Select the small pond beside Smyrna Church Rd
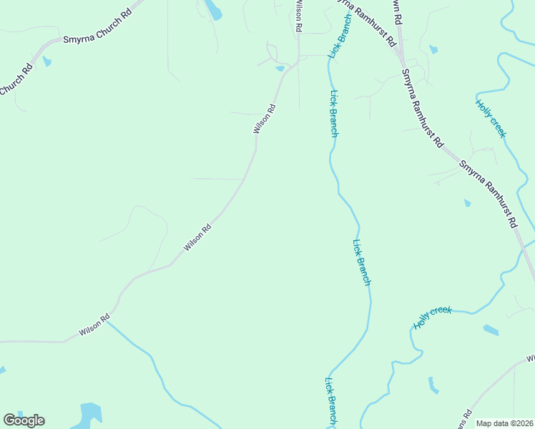[x=47, y=61]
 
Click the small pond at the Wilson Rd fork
[x=280, y=69]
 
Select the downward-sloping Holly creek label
[x=491, y=118]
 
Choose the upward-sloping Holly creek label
[x=433, y=317]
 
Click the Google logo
[x=24, y=420]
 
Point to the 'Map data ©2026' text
[x=504, y=423]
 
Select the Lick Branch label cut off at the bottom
[x=331, y=402]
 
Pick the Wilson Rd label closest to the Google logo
[x=94, y=326]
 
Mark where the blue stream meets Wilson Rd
[x=108, y=321]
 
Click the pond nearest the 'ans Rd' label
[x=433, y=385]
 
